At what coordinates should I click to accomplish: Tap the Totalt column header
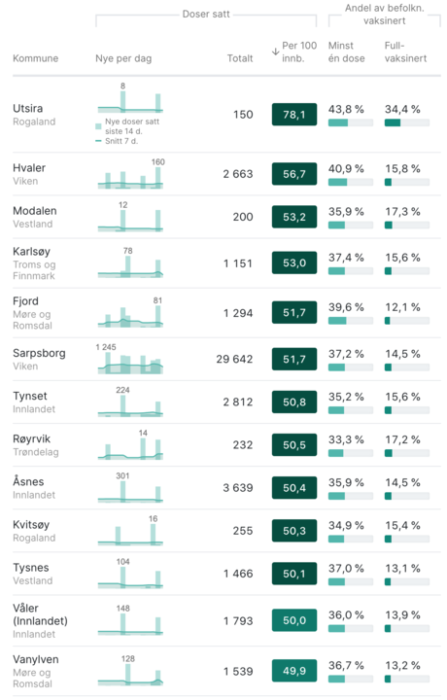point(239,58)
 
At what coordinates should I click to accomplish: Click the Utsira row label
point(29,107)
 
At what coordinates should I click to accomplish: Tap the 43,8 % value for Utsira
point(346,108)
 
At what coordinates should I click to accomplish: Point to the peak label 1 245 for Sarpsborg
point(106,347)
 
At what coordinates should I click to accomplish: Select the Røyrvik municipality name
point(33,437)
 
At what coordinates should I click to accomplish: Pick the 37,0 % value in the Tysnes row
point(346,568)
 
